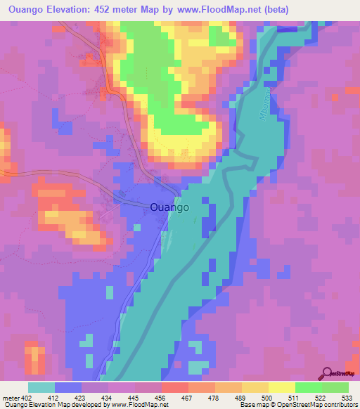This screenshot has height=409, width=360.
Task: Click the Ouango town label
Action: [169, 207]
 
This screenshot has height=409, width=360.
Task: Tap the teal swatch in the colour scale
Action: [41, 387]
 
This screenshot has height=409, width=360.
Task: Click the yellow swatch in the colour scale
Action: [281, 387]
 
